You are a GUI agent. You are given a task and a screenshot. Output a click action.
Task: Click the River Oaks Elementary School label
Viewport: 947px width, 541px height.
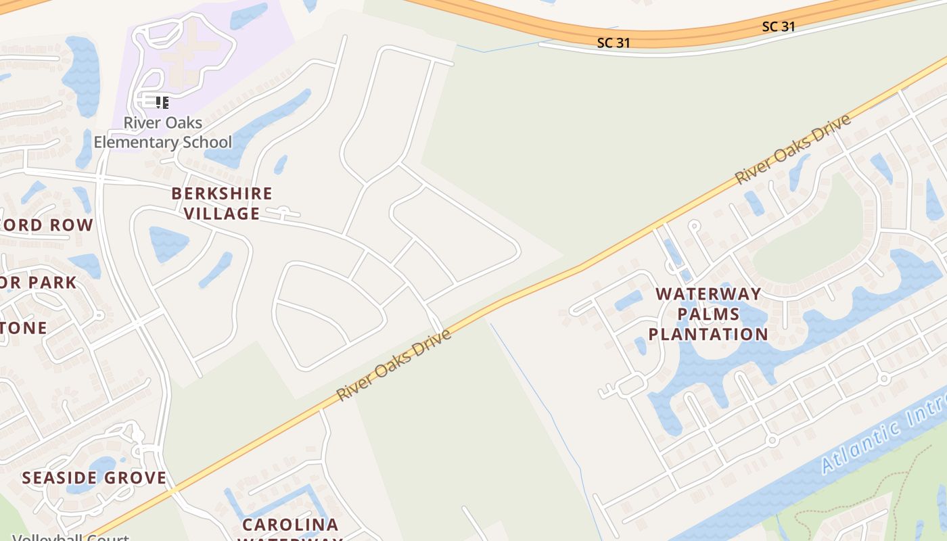click(162, 133)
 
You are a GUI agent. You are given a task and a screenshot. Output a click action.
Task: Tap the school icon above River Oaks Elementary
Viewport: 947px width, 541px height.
click(161, 103)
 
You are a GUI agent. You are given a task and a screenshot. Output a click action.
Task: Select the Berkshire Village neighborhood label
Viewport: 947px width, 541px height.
click(222, 204)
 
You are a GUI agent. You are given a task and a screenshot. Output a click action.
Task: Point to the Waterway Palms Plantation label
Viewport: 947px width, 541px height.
click(708, 314)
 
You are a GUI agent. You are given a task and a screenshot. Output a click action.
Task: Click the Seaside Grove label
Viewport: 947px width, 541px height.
click(94, 478)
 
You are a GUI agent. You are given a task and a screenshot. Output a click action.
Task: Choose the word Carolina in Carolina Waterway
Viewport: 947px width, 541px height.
click(290, 525)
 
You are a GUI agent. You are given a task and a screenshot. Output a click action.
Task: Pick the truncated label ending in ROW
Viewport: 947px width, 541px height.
click(47, 225)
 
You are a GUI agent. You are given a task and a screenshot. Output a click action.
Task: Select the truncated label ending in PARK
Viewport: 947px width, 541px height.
click(39, 282)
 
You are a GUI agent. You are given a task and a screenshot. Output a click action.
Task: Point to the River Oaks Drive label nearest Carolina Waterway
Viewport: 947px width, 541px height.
click(394, 364)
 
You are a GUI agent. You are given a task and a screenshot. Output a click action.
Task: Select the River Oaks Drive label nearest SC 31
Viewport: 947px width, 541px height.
click(793, 149)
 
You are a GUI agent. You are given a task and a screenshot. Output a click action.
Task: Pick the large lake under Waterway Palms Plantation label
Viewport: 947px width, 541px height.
click(710, 365)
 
